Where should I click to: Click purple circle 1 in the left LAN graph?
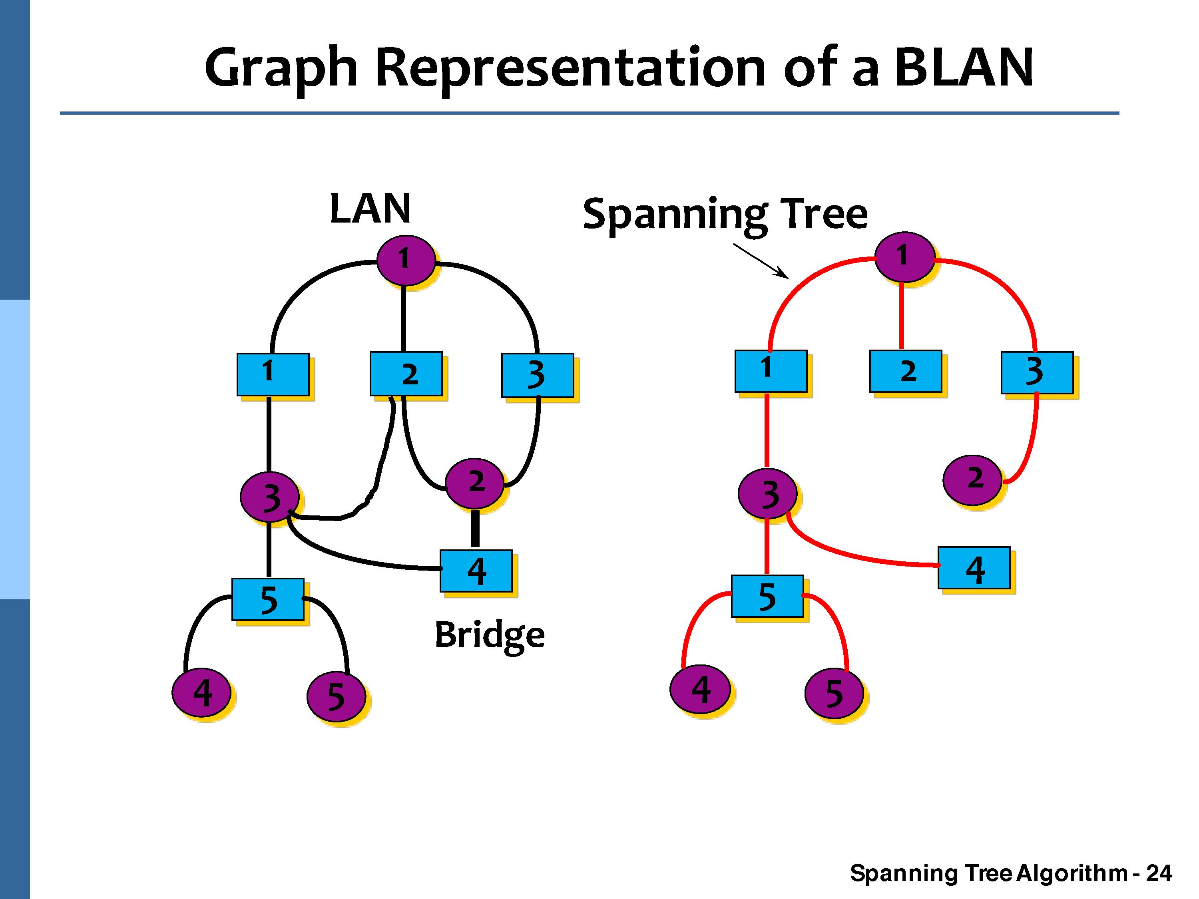point(405,260)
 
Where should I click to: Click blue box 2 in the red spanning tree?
point(905,371)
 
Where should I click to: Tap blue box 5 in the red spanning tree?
point(767,596)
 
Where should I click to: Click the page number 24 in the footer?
point(1159,873)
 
